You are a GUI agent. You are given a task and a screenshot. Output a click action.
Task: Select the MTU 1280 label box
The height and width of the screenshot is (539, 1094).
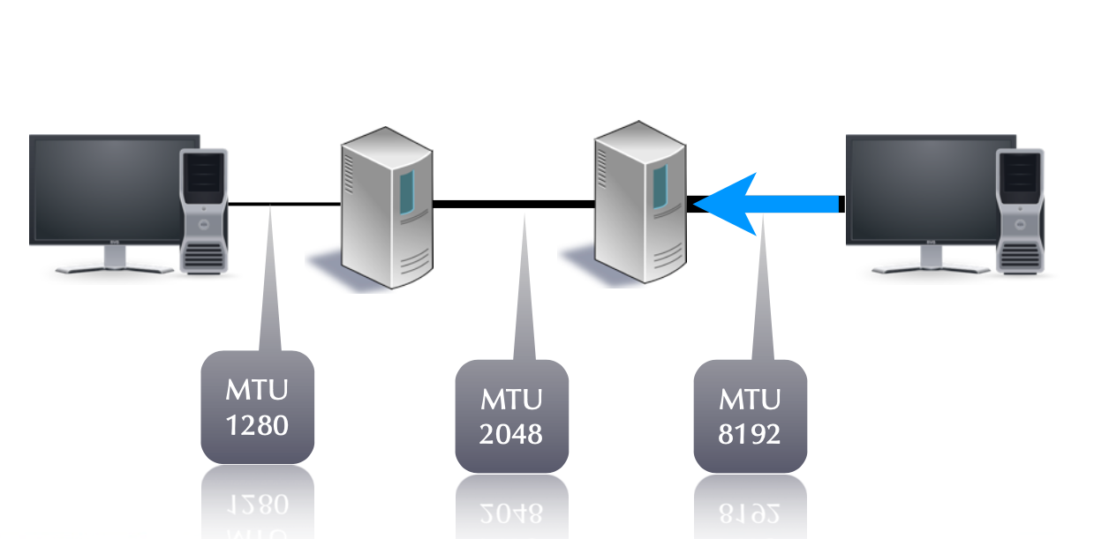tap(258, 407)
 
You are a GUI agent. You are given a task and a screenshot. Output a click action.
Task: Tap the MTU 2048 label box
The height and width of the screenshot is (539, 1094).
tap(511, 416)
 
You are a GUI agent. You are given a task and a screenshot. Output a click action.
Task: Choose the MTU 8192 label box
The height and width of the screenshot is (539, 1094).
tap(750, 416)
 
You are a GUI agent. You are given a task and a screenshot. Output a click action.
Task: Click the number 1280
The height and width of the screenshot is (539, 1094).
tap(258, 425)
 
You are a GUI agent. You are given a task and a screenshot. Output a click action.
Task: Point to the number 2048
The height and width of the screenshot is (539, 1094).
tap(511, 434)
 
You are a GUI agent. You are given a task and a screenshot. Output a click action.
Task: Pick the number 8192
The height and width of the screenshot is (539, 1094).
tap(750, 434)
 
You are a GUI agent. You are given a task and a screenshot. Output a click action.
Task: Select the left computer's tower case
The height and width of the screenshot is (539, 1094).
tap(205, 209)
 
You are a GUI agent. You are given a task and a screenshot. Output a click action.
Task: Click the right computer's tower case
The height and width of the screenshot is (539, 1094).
tap(1022, 209)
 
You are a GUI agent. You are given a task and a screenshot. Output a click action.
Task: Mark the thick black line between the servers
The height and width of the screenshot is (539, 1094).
tap(512, 205)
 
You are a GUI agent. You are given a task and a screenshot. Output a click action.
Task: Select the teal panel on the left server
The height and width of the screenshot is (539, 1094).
tap(406, 194)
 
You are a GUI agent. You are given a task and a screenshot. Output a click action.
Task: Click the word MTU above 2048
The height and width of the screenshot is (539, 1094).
tap(511, 399)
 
